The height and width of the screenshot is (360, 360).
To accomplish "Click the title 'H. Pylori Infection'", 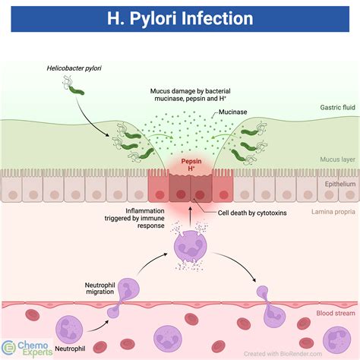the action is [x=180, y=18].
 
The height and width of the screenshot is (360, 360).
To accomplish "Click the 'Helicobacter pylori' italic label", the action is [x=74, y=68].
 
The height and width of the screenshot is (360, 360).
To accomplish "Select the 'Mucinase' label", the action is [x=232, y=112].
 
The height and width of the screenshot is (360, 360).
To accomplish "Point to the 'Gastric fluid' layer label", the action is [x=337, y=107].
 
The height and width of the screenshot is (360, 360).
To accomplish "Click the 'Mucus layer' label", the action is [x=337, y=159].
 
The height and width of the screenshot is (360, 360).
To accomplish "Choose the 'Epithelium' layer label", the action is [x=340, y=184].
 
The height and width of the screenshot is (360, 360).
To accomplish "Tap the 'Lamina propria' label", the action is [x=333, y=212].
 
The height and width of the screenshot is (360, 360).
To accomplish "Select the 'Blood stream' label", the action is [x=336, y=313].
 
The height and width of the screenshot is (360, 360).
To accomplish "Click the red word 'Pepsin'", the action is [x=191, y=161].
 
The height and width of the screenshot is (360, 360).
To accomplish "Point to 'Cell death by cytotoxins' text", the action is [x=252, y=213].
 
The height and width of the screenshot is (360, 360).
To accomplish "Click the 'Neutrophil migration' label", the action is [x=99, y=289].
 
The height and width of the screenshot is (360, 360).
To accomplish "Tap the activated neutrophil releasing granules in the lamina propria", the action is [x=191, y=246].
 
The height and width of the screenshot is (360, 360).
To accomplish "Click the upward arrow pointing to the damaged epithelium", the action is [x=191, y=216].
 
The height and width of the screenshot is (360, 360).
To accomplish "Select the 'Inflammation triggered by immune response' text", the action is [x=134, y=218].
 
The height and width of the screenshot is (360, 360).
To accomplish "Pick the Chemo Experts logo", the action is [x=27, y=349].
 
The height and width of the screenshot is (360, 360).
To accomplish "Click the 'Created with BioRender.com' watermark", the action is [x=283, y=354].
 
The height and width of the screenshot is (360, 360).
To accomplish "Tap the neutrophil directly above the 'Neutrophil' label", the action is [x=69, y=330].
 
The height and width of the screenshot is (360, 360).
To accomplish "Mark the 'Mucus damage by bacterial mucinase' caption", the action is [x=191, y=95].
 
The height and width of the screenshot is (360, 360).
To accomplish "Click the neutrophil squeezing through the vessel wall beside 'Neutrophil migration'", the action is [x=124, y=297].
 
